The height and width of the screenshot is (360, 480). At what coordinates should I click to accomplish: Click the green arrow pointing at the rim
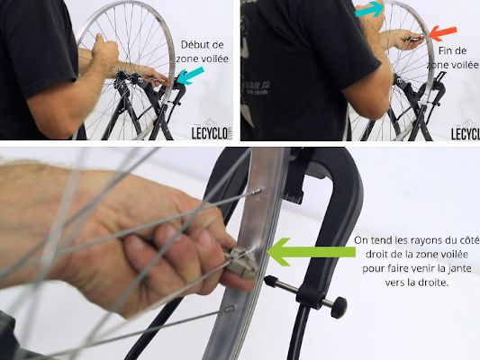point(311,252)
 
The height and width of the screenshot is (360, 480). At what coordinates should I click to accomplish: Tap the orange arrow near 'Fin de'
point(442,33)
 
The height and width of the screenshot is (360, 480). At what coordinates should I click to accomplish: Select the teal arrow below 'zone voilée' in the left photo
point(190,76)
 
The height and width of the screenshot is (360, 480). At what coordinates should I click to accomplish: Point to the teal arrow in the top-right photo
point(369,9)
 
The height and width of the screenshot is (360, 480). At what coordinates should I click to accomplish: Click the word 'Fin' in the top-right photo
point(445,50)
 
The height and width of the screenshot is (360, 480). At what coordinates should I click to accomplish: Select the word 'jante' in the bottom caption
point(459,268)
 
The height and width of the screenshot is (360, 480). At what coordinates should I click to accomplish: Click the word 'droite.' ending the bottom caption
point(432,283)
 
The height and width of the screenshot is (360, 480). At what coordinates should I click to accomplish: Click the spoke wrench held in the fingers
point(241,262)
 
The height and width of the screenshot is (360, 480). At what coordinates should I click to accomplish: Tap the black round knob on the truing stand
point(339,307)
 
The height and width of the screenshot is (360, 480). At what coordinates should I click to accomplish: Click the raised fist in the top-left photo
point(105,51)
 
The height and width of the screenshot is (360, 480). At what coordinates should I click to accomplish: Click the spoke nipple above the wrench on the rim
point(257,192)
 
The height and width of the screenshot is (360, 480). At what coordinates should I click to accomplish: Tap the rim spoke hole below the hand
point(231,308)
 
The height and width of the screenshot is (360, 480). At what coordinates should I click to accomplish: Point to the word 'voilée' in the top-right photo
point(465,65)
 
